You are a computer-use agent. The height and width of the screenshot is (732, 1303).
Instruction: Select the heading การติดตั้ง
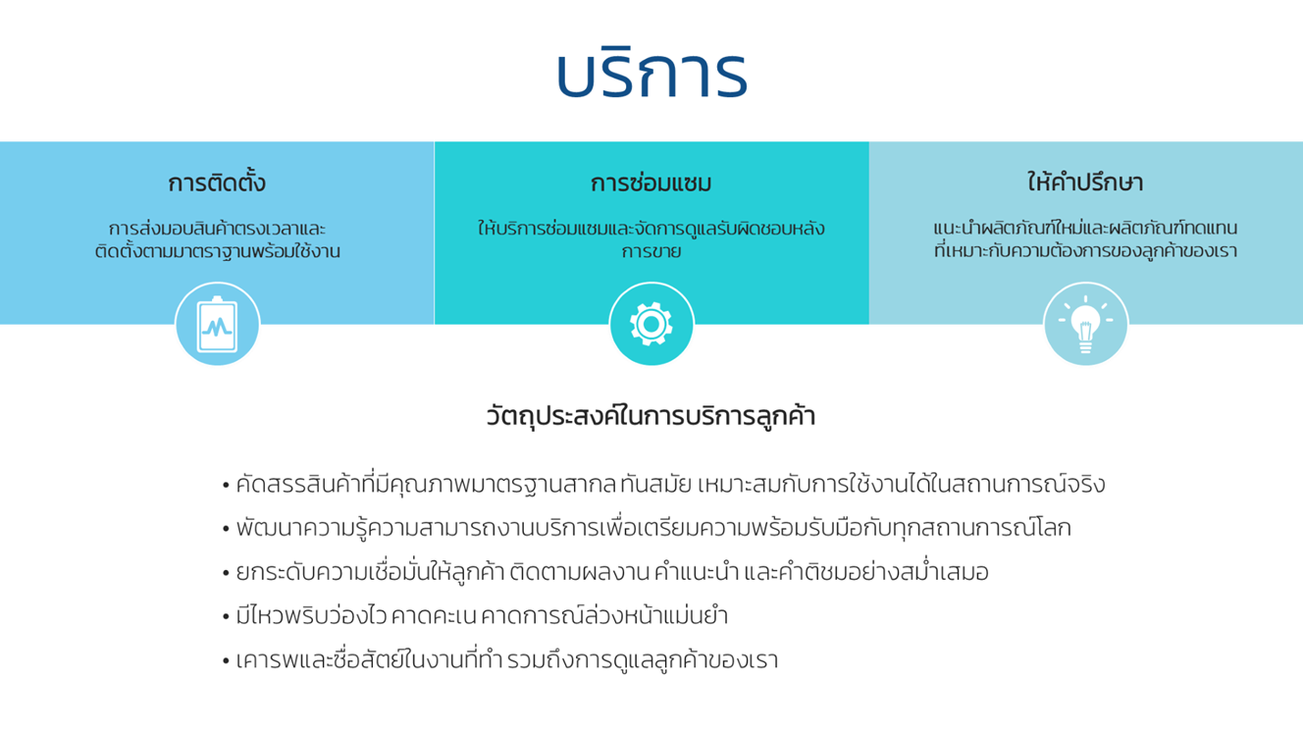(x=217, y=183)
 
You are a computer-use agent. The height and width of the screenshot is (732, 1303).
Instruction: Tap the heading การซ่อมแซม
(x=651, y=183)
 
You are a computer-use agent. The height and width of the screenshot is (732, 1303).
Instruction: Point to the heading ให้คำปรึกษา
(x=1085, y=182)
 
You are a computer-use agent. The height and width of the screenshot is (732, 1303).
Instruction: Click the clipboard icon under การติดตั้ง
(x=217, y=324)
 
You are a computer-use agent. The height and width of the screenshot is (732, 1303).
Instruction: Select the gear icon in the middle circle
(x=651, y=324)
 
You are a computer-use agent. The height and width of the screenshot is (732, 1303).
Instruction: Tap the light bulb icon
(x=1085, y=325)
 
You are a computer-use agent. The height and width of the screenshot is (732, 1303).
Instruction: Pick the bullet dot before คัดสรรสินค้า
(x=226, y=486)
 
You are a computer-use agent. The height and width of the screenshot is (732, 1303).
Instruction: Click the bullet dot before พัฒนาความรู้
(x=226, y=529)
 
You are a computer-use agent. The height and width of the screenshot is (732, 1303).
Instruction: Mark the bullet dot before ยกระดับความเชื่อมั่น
(x=226, y=573)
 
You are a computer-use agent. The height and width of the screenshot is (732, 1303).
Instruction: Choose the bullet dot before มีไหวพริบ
(x=226, y=617)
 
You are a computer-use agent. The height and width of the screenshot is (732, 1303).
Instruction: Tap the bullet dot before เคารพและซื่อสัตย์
(x=226, y=661)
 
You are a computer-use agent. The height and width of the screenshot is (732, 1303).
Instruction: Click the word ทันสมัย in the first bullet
(x=656, y=484)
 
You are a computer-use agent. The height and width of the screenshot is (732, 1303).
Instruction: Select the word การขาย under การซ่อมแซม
(x=651, y=251)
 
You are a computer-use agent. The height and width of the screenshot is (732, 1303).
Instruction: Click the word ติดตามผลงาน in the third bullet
(x=579, y=571)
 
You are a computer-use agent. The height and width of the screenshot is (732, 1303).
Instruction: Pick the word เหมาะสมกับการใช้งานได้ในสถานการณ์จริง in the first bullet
(x=901, y=484)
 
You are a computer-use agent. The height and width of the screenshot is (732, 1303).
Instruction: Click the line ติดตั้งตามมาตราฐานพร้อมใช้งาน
(x=218, y=251)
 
